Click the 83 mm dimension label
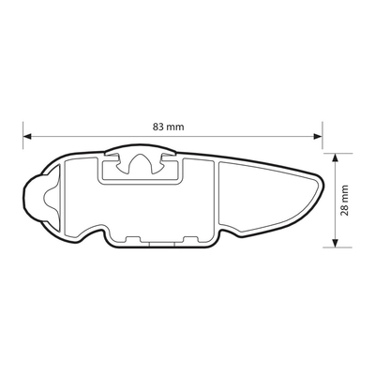[169, 127]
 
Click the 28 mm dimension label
[344, 201]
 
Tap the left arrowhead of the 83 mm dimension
[27, 136]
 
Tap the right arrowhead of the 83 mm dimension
[318, 136]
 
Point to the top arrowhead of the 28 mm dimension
[335, 157]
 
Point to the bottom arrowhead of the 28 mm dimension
[335, 243]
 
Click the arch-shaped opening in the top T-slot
[140, 163]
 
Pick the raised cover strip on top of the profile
[141, 149]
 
